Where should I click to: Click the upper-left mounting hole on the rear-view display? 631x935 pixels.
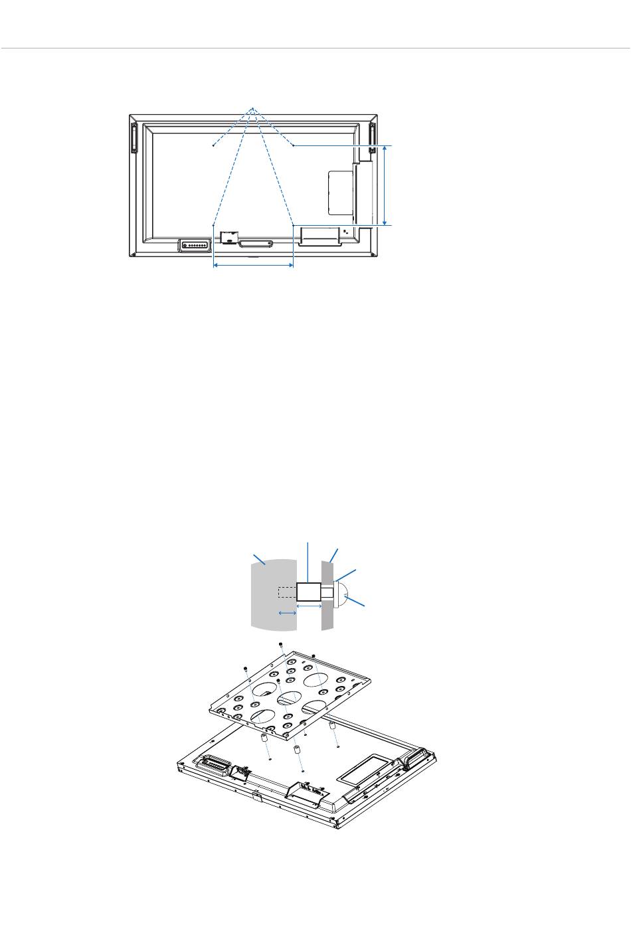pos(213,145)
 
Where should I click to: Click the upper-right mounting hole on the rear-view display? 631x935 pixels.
pos(293,145)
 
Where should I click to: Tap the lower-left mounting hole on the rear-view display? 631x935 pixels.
pos(213,225)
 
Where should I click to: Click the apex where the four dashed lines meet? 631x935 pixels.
pos(252,109)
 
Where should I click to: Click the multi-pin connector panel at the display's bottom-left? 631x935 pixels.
pos(194,245)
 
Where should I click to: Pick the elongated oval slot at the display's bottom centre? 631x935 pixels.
pos(255,244)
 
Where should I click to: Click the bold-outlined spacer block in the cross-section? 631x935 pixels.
pos(308,593)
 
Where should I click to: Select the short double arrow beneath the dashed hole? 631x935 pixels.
pos(287,613)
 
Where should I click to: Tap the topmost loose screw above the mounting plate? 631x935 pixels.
pos(282,644)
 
